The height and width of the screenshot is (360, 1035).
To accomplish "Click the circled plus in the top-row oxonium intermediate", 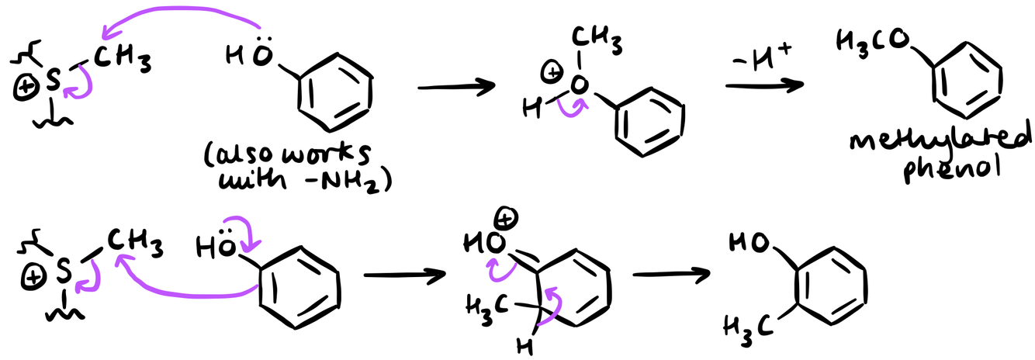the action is pos(552,74).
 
